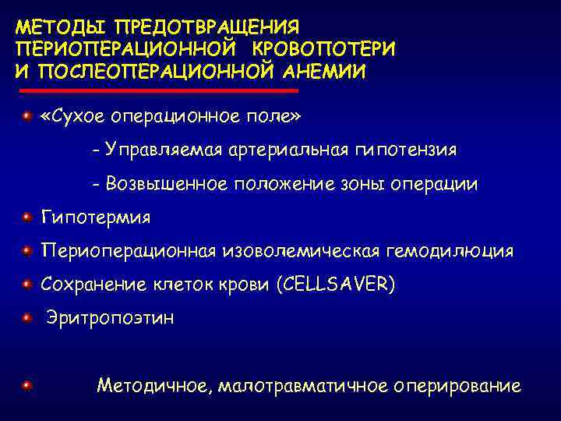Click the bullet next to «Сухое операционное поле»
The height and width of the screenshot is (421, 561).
(x=26, y=115)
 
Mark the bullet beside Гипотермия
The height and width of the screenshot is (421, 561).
(x=26, y=216)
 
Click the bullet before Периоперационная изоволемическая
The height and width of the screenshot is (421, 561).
(x=26, y=250)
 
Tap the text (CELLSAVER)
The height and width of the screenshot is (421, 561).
(x=336, y=285)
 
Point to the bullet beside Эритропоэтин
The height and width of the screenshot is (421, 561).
(x=26, y=317)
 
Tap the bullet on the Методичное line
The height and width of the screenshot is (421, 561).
(x=26, y=385)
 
